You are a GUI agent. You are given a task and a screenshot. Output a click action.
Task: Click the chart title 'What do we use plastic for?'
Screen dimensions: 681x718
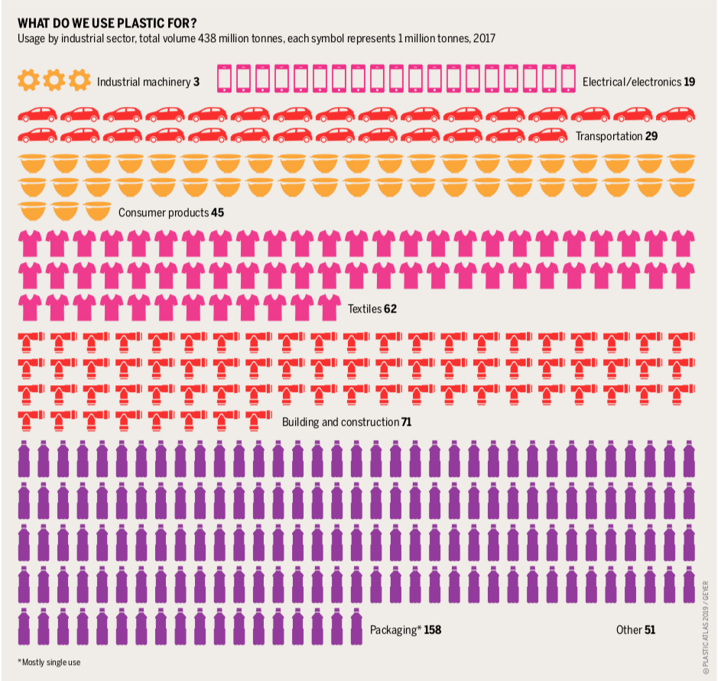107,22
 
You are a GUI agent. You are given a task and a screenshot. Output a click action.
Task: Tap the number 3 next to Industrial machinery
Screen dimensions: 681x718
196,81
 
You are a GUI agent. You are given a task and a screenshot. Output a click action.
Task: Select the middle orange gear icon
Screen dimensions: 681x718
54,80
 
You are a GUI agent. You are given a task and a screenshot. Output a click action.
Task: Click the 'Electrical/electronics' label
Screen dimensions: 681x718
632,81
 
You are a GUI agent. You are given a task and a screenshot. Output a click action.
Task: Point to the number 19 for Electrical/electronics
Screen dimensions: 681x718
690,81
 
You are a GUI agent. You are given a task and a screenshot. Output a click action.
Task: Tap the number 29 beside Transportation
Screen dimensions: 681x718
652,136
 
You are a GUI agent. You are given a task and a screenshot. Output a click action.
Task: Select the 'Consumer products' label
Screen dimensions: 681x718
163,212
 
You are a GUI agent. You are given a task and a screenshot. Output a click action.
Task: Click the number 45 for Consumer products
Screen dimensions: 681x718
217,212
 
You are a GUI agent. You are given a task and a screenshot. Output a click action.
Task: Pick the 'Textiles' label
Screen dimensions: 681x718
365,310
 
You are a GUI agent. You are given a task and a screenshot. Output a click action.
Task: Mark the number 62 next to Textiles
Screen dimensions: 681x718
391,310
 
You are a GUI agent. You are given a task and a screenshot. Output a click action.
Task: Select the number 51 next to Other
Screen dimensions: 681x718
649,631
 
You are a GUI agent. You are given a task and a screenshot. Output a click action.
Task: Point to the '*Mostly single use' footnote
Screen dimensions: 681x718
49,662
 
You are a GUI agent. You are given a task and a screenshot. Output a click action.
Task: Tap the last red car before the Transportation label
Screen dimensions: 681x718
548,136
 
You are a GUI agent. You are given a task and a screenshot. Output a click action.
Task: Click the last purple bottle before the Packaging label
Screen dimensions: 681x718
356,626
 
